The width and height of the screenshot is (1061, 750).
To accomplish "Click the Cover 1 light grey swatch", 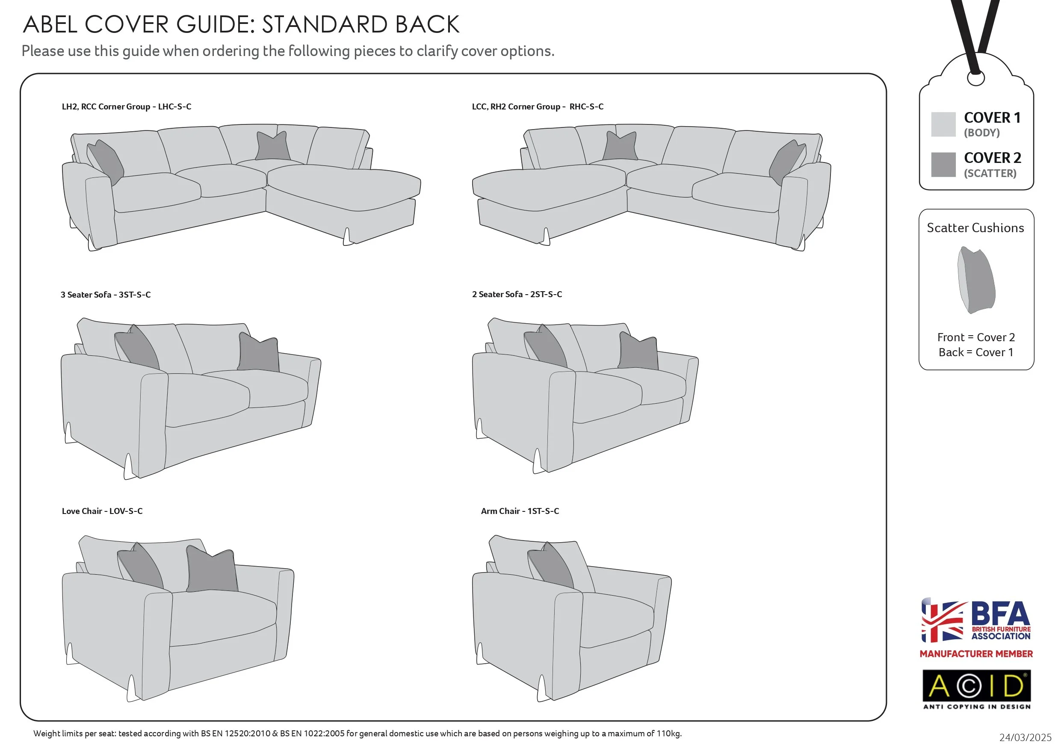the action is [943, 124].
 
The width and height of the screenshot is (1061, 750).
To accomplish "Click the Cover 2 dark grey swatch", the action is [943, 165].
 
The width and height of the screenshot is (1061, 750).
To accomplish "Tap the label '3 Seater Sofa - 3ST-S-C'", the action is [105, 295].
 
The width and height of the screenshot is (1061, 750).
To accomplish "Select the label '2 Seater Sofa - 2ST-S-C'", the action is [517, 294].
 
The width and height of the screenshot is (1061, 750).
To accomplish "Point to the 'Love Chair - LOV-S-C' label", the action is [102, 511].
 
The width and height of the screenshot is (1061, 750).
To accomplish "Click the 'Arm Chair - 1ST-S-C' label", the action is [520, 511].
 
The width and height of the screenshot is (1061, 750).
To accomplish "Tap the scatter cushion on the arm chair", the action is [551, 567].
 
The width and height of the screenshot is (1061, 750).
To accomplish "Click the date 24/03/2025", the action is [1025, 738].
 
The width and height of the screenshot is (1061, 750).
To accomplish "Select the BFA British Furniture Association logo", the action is [975, 620].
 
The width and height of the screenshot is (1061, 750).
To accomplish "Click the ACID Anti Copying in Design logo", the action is [976, 689].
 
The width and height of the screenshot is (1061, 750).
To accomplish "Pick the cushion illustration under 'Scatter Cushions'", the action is [975, 280].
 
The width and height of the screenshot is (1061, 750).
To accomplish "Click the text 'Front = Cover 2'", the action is [976, 337].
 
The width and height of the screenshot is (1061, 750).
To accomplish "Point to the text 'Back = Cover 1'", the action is [976, 353].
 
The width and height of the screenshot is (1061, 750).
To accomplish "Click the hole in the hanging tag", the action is [975, 79].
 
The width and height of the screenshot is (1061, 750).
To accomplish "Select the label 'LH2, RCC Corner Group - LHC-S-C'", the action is [127, 107].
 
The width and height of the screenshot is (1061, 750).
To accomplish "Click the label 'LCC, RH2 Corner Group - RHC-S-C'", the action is [538, 107].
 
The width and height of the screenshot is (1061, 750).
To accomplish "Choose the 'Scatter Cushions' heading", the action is [975, 228].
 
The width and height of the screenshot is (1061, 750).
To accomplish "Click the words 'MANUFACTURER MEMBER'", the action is [976, 654].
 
